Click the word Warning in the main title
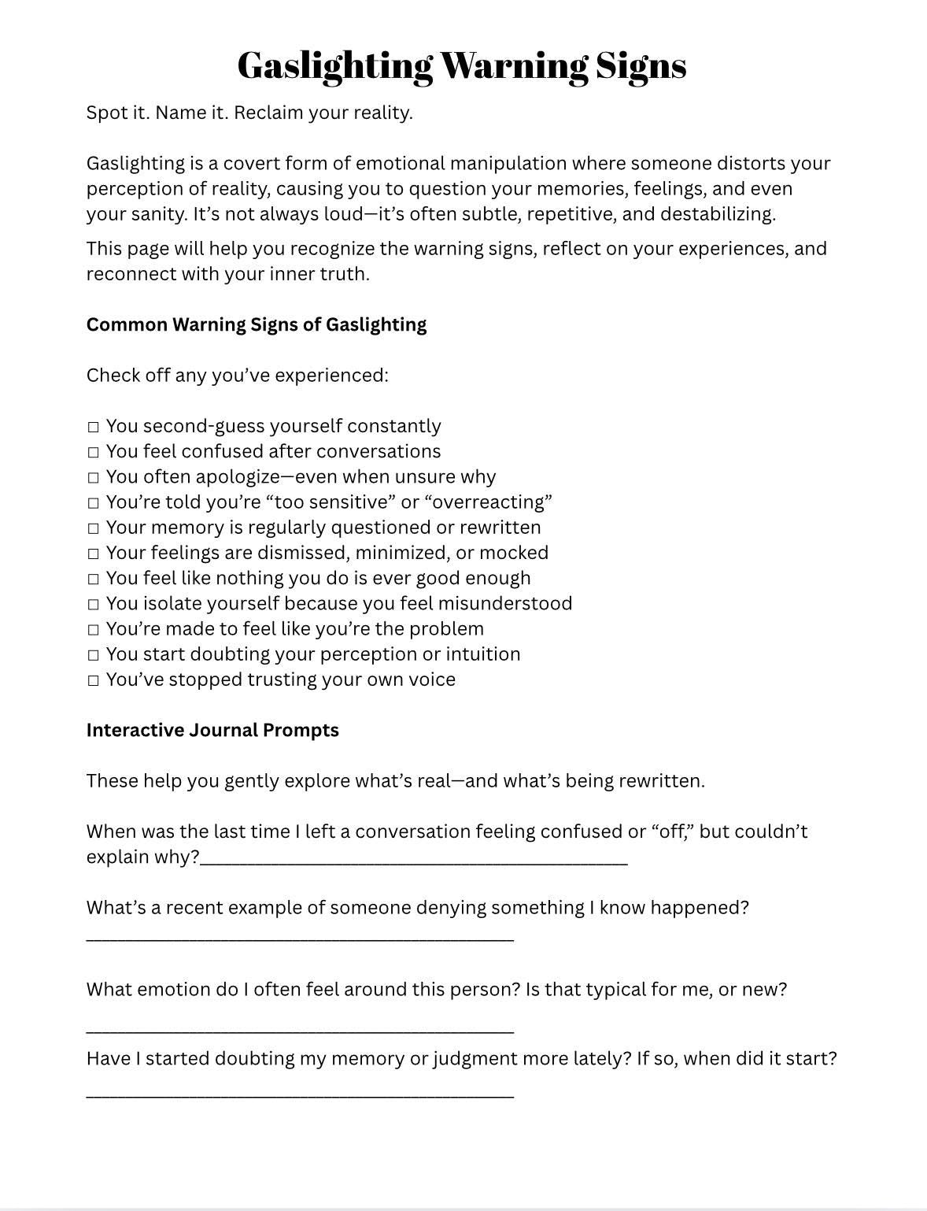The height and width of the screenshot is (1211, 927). click(x=513, y=66)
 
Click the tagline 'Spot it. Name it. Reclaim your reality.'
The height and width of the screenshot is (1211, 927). click(x=249, y=113)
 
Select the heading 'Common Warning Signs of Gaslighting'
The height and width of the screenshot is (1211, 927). click(x=257, y=324)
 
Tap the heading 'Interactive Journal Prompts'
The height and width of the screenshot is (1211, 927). click(x=212, y=730)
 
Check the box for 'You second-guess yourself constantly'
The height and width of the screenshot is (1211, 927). click(x=94, y=427)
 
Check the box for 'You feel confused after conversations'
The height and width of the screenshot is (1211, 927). click(x=94, y=452)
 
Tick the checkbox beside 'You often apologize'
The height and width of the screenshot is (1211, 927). click(x=94, y=477)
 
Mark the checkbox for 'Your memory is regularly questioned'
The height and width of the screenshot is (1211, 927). click(x=94, y=528)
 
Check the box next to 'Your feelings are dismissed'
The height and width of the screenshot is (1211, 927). click(x=94, y=554)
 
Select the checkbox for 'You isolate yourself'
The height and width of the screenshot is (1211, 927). click(x=94, y=604)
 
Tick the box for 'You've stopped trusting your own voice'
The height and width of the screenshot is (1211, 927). click(x=94, y=680)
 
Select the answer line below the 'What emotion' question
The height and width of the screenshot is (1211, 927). click(x=300, y=1030)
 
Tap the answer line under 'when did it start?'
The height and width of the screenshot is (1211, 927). click(x=300, y=1094)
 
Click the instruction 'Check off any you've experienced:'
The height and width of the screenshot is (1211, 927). click(x=238, y=376)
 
